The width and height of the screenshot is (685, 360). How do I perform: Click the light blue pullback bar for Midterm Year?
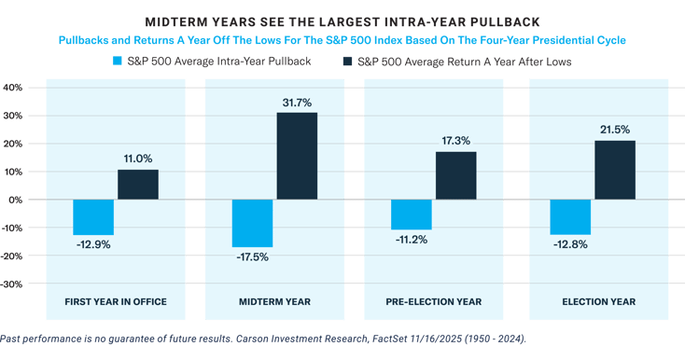(x=252, y=224)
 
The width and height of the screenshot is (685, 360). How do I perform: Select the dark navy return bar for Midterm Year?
(x=297, y=156)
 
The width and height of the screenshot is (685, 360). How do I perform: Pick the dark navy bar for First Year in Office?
(x=137, y=185)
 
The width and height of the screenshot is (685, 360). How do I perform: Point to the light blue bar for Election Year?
(x=569, y=217)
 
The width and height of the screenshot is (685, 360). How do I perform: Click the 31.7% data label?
(x=297, y=102)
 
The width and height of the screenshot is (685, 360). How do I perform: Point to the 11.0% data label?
(x=137, y=159)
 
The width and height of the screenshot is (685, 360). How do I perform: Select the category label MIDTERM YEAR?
(x=275, y=301)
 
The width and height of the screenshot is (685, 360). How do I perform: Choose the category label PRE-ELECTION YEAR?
(x=434, y=301)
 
